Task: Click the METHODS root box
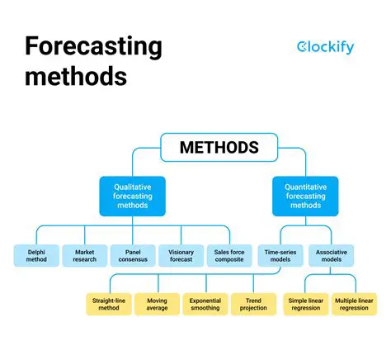point(219,149)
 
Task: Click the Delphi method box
point(36,256)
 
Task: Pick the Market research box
point(85,256)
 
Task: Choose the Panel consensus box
point(133,256)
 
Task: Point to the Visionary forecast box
point(181,256)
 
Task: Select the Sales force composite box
point(229,256)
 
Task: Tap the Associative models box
point(332,256)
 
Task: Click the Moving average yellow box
point(156,305)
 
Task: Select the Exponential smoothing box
point(205,305)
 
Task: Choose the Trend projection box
point(252,305)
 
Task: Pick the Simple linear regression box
point(307,305)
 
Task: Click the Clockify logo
point(325,47)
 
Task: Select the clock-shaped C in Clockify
point(303,47)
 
